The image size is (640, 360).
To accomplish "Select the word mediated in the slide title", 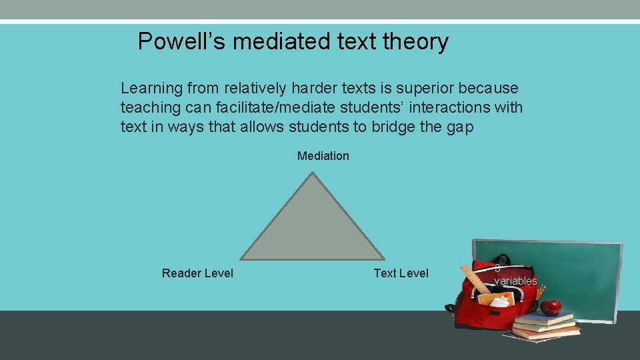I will tap(281, 42).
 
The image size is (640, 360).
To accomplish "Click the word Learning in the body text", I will tap(151, 88).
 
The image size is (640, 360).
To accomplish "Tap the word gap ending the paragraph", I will tap(460, 127).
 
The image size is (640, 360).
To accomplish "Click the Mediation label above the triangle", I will tap(323, 156).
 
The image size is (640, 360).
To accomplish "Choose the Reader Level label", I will tap(197, 273).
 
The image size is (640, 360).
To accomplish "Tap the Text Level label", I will tap(401, 273).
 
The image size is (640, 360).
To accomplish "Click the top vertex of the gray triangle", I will tap(313, 175).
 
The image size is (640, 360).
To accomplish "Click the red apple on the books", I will tap(551, 307).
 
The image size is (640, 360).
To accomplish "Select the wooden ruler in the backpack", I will tap(476, 279).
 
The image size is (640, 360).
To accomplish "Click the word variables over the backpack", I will tap(515, 281).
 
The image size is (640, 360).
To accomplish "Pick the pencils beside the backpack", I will tap(540, 293).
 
